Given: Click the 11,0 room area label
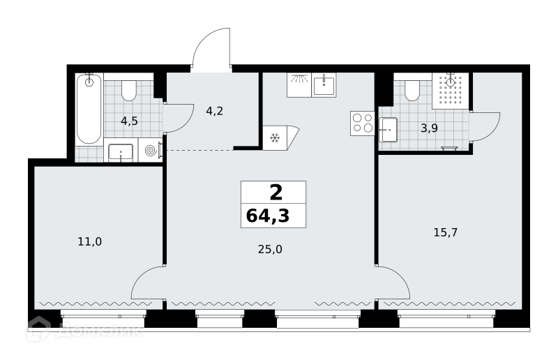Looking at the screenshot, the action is tap(90, 242).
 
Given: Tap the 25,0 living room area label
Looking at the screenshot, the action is tap(270, 250).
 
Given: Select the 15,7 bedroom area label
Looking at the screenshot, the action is tap(446, 232).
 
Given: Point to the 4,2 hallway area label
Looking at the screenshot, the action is tap(215, 111).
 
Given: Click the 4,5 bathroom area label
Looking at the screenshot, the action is tap(129, 121).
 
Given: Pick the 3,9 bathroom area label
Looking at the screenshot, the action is tap(429, 128).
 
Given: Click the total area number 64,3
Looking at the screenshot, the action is tap(268, 216).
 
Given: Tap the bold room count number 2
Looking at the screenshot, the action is tap(276, 193).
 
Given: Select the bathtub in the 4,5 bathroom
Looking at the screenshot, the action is tap(89, 109).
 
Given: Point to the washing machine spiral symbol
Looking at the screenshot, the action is tap(151, 151).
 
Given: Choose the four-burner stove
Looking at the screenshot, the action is tap(362, 123).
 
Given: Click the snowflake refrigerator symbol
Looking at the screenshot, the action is tap(274, 138).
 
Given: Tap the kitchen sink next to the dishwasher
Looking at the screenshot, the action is tap(324, 85).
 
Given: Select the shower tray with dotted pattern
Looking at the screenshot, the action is tap(451, 91).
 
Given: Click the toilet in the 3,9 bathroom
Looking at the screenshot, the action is tap(412, 91).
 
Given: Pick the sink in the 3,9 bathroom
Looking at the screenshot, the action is tap(388, 130).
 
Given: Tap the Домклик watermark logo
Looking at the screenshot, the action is tap(84, 330).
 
